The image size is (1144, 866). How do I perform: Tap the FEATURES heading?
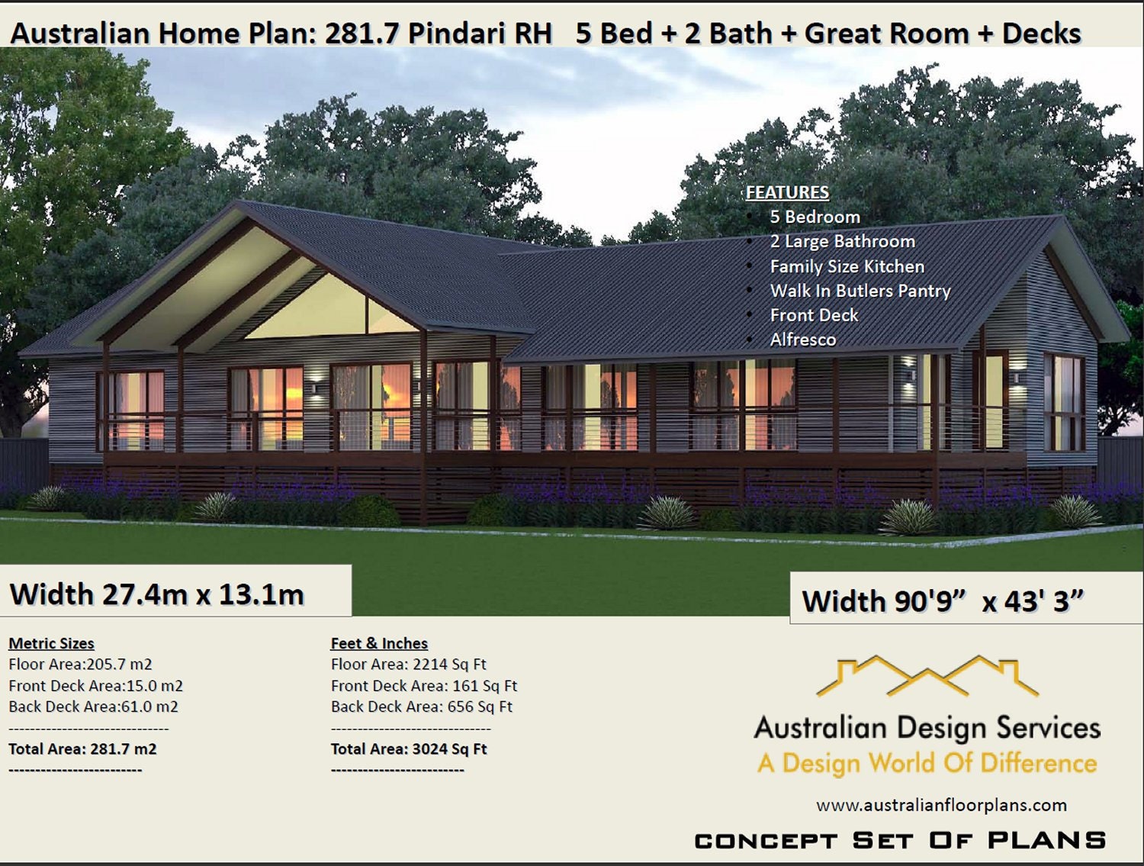(787, 192)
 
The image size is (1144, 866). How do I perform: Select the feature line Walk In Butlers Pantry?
(860, 291)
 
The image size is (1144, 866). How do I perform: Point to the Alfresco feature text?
(802, 340)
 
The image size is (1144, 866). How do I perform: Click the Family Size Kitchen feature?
(847, 266)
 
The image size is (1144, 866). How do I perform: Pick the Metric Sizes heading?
(51, 643)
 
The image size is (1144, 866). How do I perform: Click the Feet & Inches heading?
(379, 643)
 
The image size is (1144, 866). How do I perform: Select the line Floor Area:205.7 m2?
(80, 664)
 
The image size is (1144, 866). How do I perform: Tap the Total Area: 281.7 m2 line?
(82, 748)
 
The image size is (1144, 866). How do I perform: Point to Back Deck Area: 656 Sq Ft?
(421, 707)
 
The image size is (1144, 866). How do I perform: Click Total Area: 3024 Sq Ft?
(408, 748)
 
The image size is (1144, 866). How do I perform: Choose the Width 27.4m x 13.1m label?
(157, 594)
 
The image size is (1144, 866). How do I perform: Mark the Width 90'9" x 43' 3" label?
(942, 601)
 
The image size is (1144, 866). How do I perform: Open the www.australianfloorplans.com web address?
(941, 805)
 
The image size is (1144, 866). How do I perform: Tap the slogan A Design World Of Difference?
(927, 763)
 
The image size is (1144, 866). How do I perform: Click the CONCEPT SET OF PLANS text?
(900, 841)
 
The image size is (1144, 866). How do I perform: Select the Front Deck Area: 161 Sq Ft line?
(423, 686)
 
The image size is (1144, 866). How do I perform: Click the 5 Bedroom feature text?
(815, 217)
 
